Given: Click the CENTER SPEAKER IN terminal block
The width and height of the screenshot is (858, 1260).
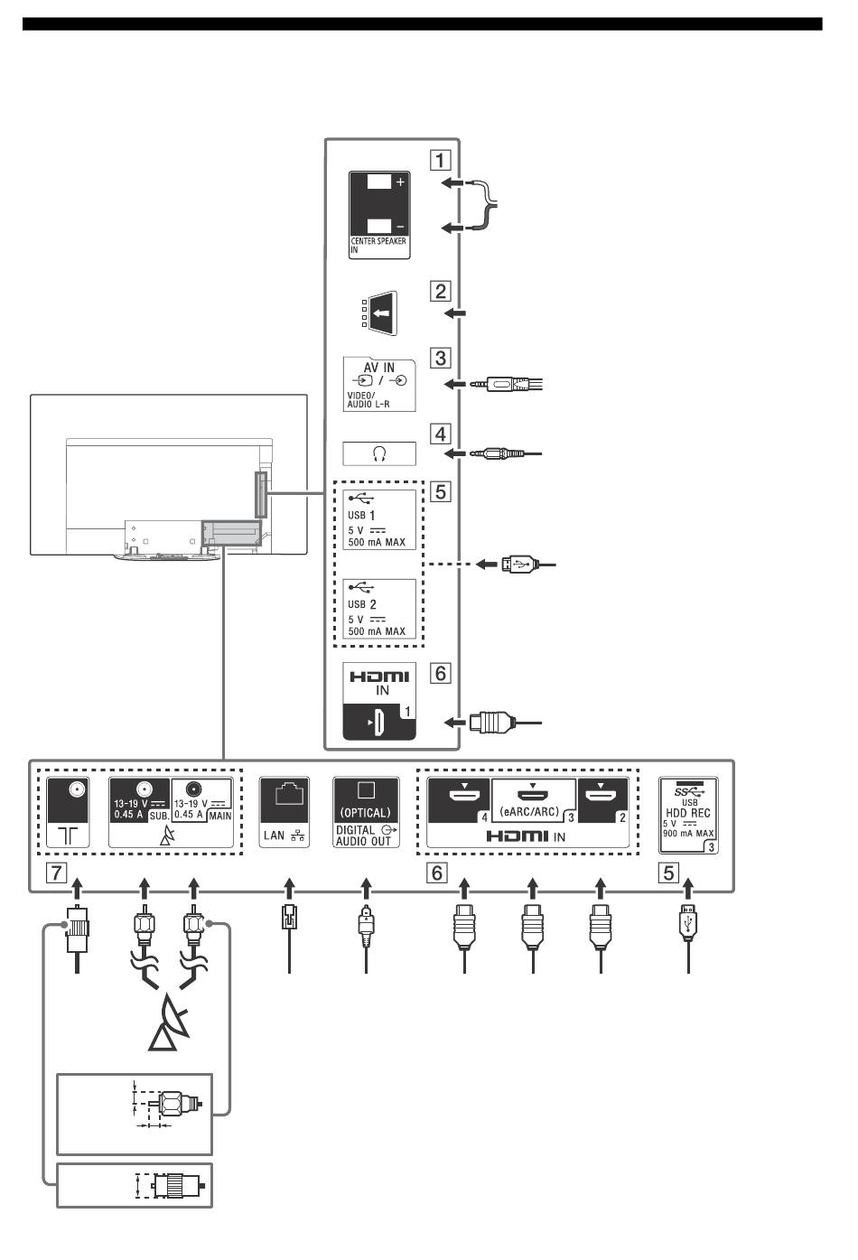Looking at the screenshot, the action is (x=379, y=215).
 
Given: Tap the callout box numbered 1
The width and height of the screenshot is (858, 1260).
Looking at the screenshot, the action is (x=441, y=160).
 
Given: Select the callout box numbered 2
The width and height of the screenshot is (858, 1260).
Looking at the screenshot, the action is (x=441, y=292).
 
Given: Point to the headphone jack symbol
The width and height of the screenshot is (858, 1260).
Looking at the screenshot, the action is (x=379, y=454).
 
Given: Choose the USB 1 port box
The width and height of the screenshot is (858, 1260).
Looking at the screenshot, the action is (x=379, y=519).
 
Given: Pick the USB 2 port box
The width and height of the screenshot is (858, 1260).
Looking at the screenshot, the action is (x=379, y=609).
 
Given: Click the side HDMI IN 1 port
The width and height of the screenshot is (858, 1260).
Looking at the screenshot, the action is (x=379, y=701).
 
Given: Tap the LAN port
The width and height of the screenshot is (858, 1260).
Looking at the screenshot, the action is (x=284, y=812).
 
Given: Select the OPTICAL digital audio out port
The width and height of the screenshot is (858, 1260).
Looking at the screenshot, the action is (x=366, y=812).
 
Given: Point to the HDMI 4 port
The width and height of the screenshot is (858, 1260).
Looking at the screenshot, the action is (x=459, y=800).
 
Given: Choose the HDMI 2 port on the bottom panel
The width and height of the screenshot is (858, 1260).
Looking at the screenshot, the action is (x=602, y=800).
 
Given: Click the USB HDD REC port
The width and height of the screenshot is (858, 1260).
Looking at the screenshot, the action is (x=688, y=815).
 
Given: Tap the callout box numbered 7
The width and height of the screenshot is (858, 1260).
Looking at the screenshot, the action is (x=57, y=873).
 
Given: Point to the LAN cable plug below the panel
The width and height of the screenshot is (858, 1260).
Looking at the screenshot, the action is (x=289, y=922).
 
